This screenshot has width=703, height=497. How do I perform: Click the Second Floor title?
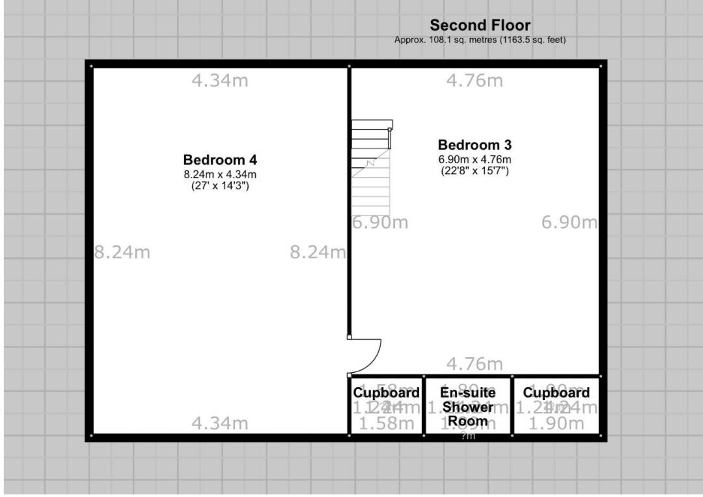tap(480, 25)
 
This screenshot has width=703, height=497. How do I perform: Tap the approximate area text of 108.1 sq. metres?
tap(480, 40)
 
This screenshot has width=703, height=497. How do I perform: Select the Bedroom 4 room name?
tap(220, 159)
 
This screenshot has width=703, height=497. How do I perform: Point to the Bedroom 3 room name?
tap(475, 144)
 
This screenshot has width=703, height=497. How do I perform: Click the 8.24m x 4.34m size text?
tap(220, 174)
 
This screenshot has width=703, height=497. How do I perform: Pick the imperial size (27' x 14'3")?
tap(220, 186)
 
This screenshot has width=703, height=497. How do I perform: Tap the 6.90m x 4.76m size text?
tap(475, 159)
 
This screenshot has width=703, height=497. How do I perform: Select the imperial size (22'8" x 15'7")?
tap(475, 171)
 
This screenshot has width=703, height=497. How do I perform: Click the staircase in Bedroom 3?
tap(371, 163)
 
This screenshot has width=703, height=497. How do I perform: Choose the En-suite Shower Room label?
tap(467, 407)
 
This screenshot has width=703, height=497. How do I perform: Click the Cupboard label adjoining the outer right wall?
tap(557, 393)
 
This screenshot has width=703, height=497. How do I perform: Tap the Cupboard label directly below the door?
tap(386, 393)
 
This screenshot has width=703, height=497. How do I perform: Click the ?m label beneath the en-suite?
tap(468, 437)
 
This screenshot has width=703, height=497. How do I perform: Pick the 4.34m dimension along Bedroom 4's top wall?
tap(220, 81)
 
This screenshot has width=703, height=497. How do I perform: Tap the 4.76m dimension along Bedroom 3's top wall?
tap(475, 81)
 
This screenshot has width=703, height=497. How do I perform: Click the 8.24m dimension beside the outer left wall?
tap(122, 252)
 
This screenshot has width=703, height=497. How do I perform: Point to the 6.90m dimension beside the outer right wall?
tap(569, 222)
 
